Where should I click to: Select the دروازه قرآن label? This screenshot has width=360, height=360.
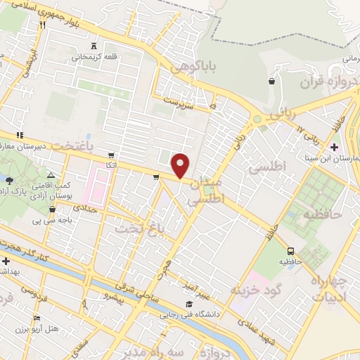click(323, 82)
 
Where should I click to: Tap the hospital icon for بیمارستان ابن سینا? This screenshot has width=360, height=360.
click(334, 147)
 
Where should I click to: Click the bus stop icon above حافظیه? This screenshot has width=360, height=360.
click(290, 250)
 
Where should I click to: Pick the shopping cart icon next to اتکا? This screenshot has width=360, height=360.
click(111, 154)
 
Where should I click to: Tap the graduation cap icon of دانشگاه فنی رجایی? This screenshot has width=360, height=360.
click(188, 304)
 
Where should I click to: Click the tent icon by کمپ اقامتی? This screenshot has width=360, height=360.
click(50, 174)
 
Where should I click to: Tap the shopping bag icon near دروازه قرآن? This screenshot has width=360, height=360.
click(271, 82)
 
